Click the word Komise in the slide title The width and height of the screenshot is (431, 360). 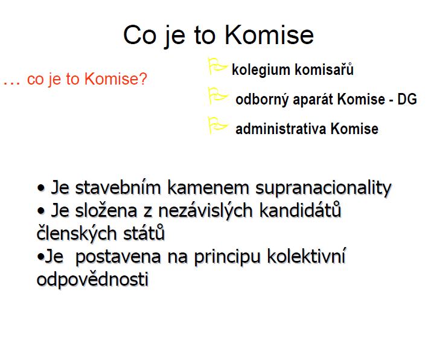(269, 35)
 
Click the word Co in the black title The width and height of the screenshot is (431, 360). (140, 35)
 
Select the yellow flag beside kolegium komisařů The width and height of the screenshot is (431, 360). (218, 66)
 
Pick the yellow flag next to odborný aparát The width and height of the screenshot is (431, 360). (219, 95)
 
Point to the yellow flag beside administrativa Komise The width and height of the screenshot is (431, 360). (219, 126)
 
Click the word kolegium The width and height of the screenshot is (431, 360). (261, 70)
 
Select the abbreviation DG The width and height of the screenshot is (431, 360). (407, 99)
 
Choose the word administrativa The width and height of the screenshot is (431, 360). (281, 129)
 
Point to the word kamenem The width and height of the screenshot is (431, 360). (208, 188)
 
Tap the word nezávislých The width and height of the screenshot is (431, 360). (205, 211)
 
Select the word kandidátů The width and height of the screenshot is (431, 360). (300, 211)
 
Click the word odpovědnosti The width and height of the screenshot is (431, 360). (92, 280)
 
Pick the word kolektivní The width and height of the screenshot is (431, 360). (307, 256)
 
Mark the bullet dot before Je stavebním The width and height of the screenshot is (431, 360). (40, 188)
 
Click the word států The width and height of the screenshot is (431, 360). (144, 234)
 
